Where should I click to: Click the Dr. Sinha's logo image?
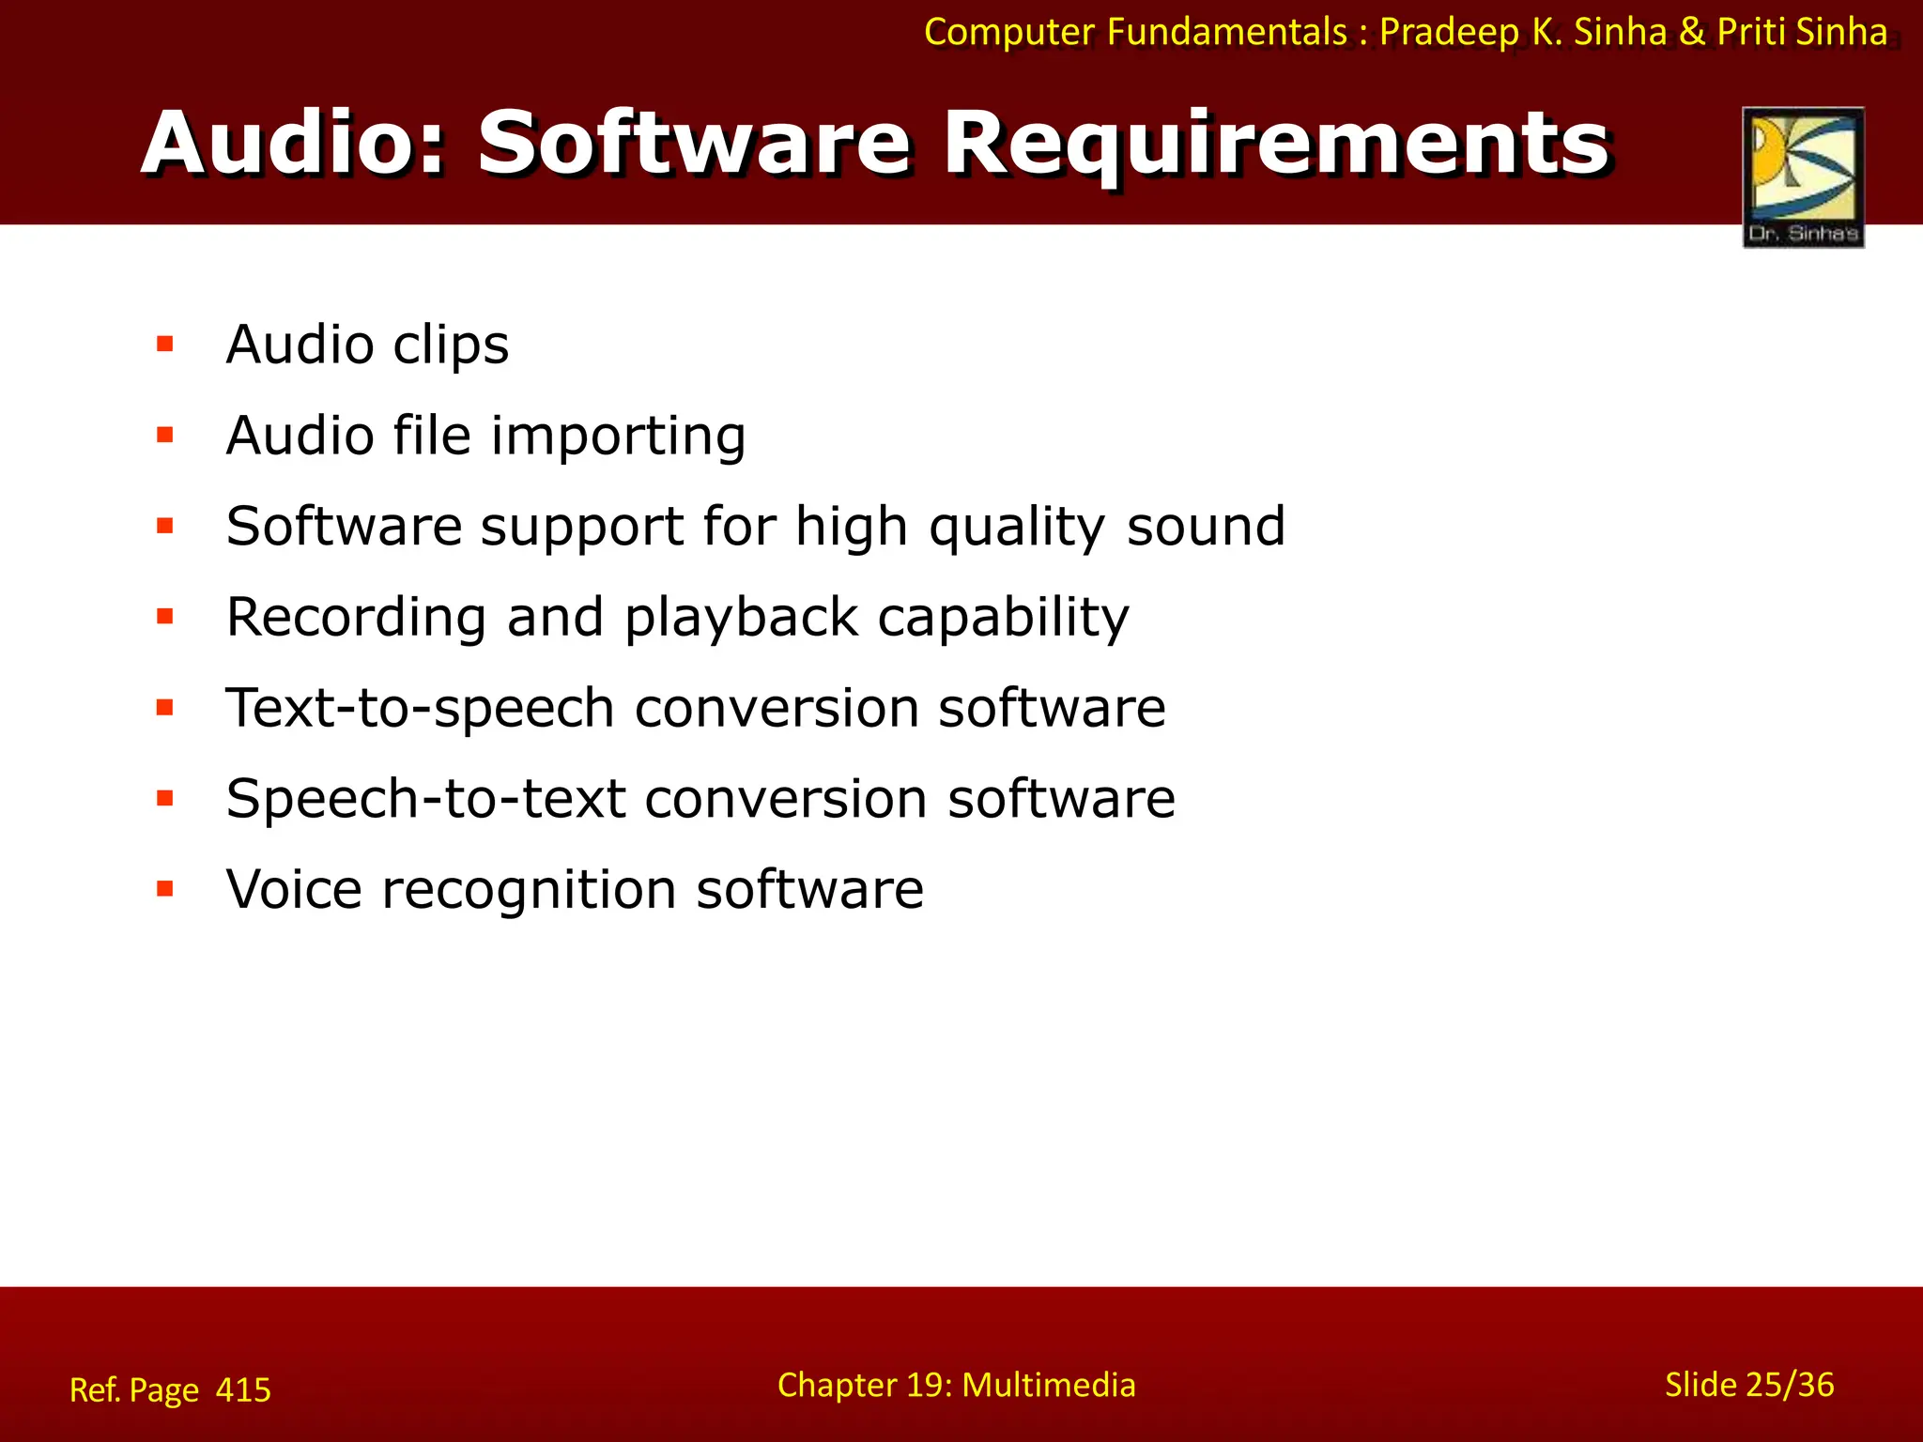click(x=1803, y=176)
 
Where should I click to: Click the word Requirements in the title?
click(x=1277, y=143)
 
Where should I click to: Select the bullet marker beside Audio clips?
click(x=165, y=344)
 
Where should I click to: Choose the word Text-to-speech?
click(x=420, y=709)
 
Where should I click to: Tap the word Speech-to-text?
click(x=425, y=800)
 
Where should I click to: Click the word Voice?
click(x=294, y=889)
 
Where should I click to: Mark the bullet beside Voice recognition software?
click(x=165, y=888)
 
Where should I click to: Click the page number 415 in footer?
click(x=243, y=1389)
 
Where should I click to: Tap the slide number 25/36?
click(x=1789, y=1385)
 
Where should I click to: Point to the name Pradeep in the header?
click(x=1449, y=33)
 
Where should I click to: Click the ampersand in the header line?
click(x=1692, y=33)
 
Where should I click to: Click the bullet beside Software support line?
click(x=165, y=526)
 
